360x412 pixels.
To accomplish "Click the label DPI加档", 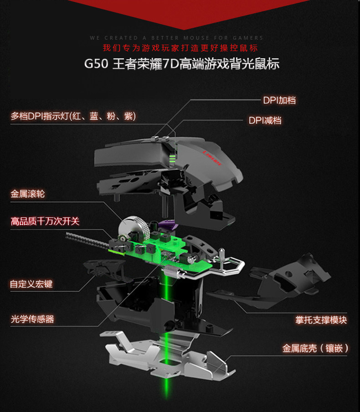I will pyautogui.click(x=279, y=100).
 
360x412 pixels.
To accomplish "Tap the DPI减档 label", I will pyautogui.click(x=264, y=121).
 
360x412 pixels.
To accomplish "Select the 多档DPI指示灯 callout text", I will pyautogui.click(x=73, y=117).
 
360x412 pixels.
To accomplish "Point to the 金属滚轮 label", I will pyautogui.click(x=28, y=194).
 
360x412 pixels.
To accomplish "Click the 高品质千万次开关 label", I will pyautogui.click(x=45, y=221).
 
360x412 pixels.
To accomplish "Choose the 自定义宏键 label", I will pyautogui.click(x=31, y=284).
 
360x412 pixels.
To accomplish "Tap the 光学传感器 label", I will pyautogui.click(x=32, y=319).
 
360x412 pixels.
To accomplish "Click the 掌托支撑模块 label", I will pyautogui.click(x=321, y=320).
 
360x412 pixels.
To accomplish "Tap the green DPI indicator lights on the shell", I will pyautogui.click(x=172, y=159).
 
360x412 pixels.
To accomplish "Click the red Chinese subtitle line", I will pyautogui.click(x=180, y=48).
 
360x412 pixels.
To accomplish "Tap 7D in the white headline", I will pyautogui.click(x=171, y=63).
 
